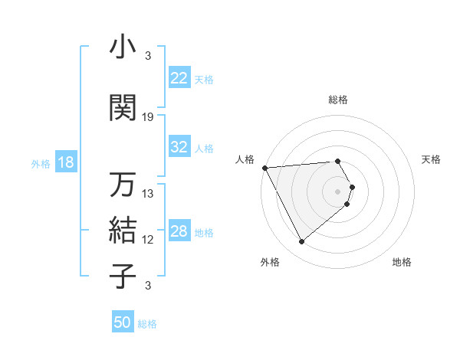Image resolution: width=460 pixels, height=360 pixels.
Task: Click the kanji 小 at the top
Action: [x=123, y=48]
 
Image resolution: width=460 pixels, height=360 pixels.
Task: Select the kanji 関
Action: [x=123, y=108]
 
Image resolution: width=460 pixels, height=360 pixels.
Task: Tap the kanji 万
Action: [x=123, y=185]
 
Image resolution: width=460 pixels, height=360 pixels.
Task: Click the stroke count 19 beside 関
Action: [x=148, y=117]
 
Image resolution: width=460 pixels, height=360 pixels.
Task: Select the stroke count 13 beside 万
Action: [x=148, y=194]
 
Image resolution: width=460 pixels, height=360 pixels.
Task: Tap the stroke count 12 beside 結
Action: [x=148, y=240]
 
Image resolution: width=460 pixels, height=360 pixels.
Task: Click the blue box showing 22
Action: [x=179, y=78]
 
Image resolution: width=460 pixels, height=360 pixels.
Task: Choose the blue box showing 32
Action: [x=179, y=147]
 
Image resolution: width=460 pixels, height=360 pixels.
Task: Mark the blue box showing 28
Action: [x=179, y=231]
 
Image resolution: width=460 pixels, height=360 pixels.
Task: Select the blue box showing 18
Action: [x=65, y=162]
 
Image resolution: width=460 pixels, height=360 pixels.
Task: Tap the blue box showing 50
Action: [x=123, y=322]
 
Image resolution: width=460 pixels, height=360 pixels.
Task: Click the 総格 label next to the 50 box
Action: [x=147, y=324]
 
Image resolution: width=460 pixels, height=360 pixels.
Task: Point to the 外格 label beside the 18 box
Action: [x=41, y=163]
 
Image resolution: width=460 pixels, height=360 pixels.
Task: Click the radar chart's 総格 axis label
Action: [x=338, y=100]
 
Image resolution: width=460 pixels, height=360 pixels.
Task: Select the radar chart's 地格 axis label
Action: [x=402, y=262]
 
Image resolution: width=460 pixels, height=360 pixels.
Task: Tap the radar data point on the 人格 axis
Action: [x=264, y=167]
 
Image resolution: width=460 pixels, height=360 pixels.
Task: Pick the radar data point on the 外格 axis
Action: [x=301, y=242]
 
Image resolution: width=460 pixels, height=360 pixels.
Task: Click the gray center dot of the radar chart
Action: [x=338, y=191]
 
